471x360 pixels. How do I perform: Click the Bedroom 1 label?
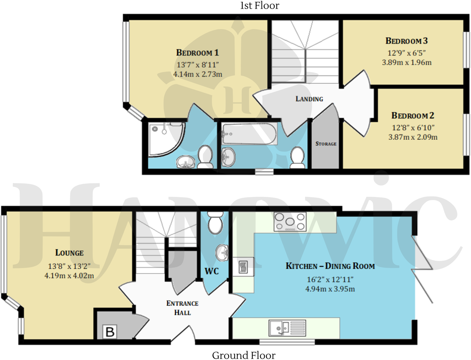click(197, 53)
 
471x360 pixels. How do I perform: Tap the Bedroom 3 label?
click(406, 41)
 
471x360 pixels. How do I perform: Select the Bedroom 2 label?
click(412, 116)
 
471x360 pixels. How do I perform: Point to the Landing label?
click(309, 99)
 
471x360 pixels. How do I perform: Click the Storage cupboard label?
click(326, 144)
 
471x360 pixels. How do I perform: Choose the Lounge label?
click(69, 253)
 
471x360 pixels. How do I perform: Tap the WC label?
click(211, 271)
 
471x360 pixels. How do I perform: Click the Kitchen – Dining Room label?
click(330, 266)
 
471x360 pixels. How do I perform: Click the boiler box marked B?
click(110, 332)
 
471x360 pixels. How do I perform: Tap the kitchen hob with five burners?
click(290, 221)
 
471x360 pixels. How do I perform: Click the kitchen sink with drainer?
click(287, 328)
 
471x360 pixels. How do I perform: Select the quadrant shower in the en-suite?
click(166, 139)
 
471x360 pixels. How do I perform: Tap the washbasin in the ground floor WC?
click(222, 252)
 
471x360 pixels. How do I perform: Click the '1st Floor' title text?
click(260, 5)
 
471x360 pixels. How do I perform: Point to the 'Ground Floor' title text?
click(244, 355)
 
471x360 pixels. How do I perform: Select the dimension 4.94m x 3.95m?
click(330, 289)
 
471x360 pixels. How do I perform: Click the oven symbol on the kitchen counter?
click(243, 267)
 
